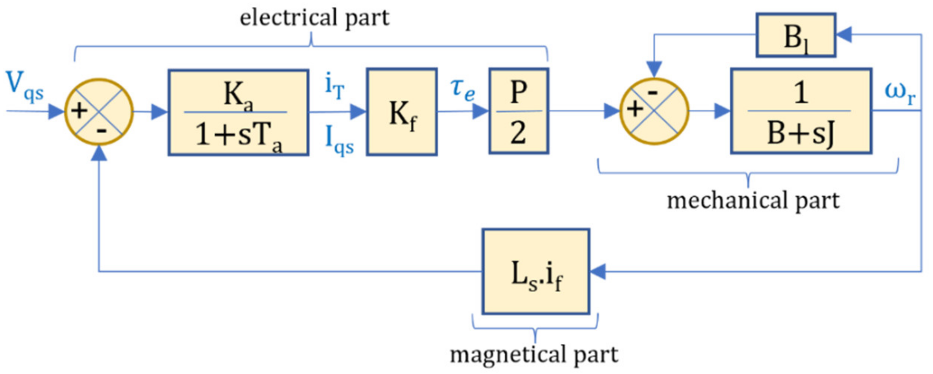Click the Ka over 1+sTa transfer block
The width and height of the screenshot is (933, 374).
238,112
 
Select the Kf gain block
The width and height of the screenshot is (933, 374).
402,112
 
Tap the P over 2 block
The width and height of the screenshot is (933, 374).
519,111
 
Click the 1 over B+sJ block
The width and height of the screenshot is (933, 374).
801,111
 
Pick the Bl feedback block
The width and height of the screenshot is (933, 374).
796,36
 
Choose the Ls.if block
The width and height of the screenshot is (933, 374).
536,272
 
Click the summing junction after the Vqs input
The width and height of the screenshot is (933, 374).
99,111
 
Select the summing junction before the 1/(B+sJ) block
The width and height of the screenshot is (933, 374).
654,111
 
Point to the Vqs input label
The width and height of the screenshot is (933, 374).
25,86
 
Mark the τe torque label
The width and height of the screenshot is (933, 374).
462,89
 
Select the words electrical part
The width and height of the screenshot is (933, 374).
314,18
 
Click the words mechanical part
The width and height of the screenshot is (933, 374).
753,201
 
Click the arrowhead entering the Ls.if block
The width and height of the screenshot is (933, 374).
597,272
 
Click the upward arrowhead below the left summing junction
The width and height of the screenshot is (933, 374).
99,153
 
